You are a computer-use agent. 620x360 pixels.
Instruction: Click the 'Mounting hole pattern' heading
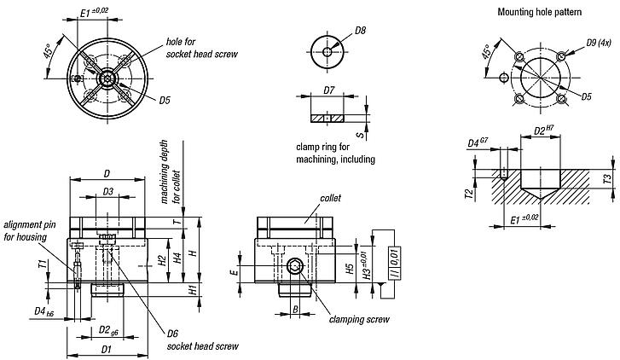point(533,13)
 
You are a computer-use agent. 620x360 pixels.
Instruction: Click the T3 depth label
point(606,179)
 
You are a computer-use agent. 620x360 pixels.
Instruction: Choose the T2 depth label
point(468,194)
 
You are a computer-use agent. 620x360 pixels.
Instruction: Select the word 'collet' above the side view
point(330,198)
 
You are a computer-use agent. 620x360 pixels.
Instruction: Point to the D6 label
point(172,334)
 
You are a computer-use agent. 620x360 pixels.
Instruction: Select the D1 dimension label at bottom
point(107,349)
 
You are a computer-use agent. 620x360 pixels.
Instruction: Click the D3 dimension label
point(108,192)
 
